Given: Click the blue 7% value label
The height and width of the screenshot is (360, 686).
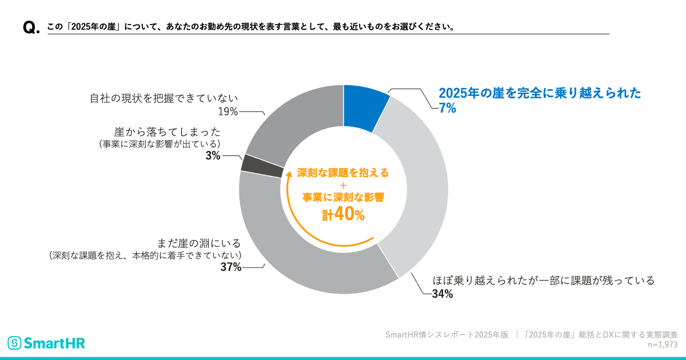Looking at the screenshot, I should pos(447,109).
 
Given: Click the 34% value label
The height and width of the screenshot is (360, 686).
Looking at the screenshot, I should pos(442,294).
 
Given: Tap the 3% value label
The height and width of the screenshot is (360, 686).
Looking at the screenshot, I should pos(213,155).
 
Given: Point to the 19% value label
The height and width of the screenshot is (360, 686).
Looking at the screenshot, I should pos(228,111).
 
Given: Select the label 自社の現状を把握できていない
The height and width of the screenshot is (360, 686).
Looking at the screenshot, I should pos(163,98).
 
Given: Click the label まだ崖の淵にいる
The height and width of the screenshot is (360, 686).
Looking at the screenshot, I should pos(198,243).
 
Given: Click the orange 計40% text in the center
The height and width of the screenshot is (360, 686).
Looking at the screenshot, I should pos(342,214).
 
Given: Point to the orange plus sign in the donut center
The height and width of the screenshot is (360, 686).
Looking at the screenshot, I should pos(343,185).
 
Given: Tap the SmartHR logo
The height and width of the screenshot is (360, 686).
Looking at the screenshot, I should pos(46,343).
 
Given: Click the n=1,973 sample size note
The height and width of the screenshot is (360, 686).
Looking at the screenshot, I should pos(662,345).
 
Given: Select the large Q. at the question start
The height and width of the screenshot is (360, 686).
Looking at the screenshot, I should pos(31,28).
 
